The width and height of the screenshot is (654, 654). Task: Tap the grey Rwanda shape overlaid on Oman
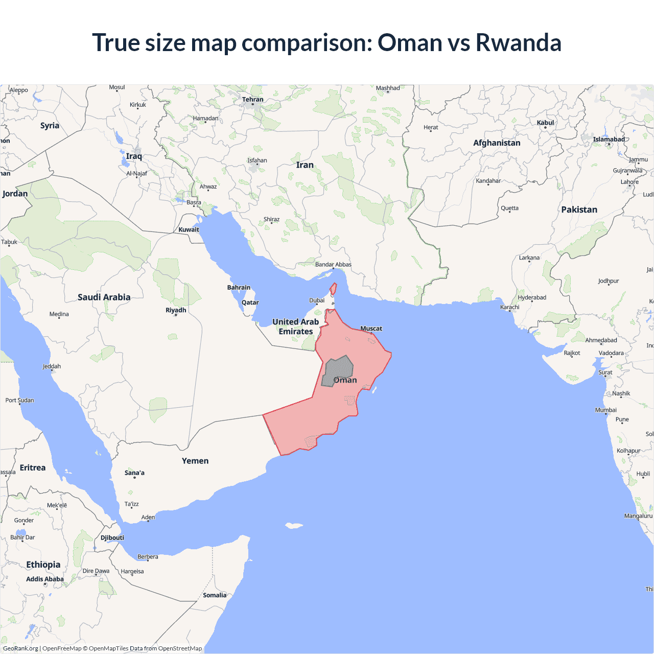[x=338, y=369]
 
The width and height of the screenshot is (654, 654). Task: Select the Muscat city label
[x=371, y=329]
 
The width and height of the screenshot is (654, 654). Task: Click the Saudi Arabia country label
[x=104, y=297]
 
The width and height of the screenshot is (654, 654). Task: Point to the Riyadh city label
[x=176, y=310]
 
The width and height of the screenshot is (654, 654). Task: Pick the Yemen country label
[x=195, y=461]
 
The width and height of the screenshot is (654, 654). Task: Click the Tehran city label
[x=253, y=100]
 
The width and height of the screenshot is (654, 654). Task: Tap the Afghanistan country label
[x=497, y=143]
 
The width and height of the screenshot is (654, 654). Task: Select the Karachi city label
[x=509, y=307]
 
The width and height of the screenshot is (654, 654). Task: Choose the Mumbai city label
[x=605, y=410]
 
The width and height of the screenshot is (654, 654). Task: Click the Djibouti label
[x=112, y=538]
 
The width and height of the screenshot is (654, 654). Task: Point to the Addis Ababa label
[x=45, y=579]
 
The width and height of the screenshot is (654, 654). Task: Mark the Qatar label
[x=250, y=302]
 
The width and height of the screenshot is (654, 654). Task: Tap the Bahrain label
[x=239, y=288]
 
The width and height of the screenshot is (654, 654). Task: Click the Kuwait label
[x=189, y=229]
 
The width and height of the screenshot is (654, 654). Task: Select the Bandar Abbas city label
[x=333, y=264]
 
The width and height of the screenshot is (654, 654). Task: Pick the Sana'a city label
[x=134, y=473]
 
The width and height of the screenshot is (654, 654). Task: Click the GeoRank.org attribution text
[x=20, y=648]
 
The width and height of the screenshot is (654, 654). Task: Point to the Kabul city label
[x=545, y=123]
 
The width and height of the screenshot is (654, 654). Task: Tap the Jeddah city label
[x=52, y=366]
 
